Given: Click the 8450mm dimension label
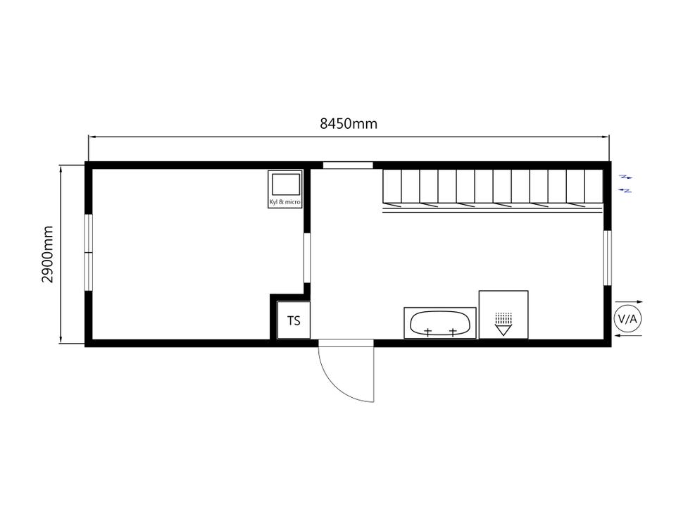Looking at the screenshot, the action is point(349,124).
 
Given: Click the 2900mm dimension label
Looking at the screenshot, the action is point(47,254).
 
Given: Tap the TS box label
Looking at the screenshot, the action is point(294,321).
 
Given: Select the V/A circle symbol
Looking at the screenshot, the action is point(627,319).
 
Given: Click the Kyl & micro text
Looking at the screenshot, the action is point(285,202).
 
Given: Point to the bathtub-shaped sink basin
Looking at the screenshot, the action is point(439,323).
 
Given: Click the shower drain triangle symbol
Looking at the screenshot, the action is point(503,330).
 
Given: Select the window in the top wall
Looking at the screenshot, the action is point(348,165).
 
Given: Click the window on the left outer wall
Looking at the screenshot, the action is point(89,252).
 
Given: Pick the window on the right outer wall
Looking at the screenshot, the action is point(607,258).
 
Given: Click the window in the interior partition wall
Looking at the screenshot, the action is point(307,258).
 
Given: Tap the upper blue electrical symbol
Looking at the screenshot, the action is point(626,177).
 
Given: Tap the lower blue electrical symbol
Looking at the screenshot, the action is point(625,190).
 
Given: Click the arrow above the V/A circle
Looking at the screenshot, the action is point(629,302).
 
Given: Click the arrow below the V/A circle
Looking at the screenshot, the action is point(628,335).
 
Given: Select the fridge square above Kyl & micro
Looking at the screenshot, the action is point(285,184).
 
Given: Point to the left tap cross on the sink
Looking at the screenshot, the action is point(427,332).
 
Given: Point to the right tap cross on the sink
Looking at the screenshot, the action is point(453,332).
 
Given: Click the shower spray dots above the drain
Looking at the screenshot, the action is point(503,318).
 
